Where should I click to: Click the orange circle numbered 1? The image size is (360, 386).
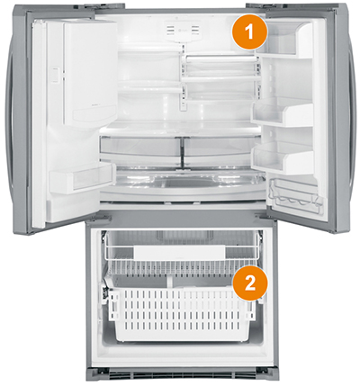[249, 32]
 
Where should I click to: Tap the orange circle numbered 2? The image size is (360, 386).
[249, 283]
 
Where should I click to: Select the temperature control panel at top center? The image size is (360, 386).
[183, 31]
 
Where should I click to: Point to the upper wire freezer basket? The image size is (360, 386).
[181, 256]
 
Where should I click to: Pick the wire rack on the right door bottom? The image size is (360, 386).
[296, 195]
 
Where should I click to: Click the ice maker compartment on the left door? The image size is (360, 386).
[90, 72]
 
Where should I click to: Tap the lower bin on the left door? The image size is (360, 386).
[82, 177]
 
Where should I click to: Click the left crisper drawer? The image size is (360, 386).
[140, 150]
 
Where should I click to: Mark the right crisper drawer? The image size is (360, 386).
[222, 150]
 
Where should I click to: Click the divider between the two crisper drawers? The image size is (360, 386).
[182, 151]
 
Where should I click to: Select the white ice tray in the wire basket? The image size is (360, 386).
[179, 252]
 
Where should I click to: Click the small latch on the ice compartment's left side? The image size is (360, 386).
[54, 75]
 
